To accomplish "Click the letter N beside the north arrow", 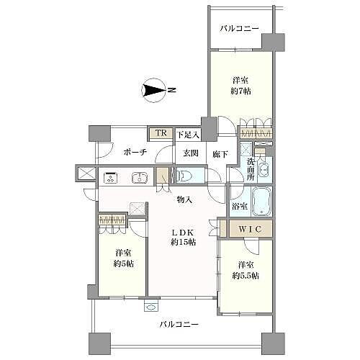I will coord(171,91).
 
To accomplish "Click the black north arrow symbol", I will coord(154,91).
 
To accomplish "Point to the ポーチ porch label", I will coord(135,153).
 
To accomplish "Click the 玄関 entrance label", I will coord(189,153).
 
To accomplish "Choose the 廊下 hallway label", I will coord(220,153).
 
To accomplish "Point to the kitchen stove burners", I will coord(111,176).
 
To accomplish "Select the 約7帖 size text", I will coord(241,91).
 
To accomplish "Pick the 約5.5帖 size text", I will coord(245,276).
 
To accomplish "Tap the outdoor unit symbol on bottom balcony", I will coord(151,305).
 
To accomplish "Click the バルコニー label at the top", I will coord(240,30).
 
